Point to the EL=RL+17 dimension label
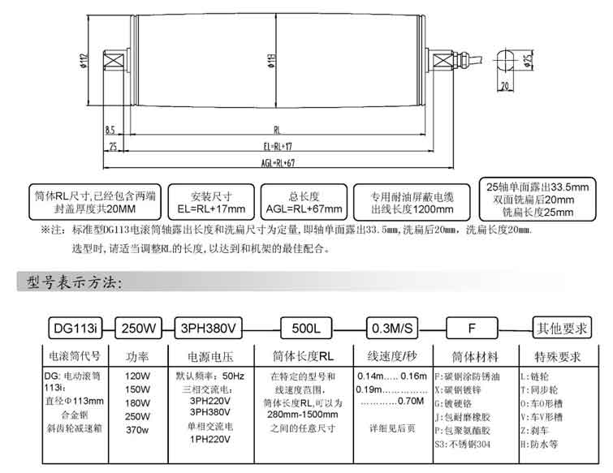277,148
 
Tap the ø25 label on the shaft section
528,59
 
